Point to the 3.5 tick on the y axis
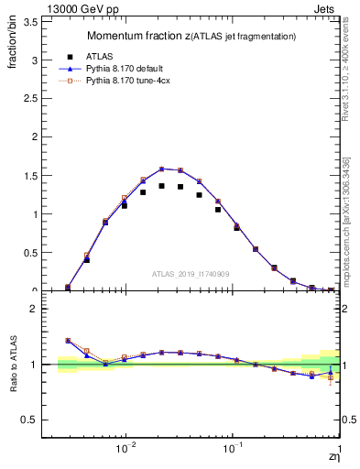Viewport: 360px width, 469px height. coord(30,22)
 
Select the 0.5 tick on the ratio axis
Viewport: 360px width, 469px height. coord(30,420)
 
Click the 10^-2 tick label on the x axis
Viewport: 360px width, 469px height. coord(126,448)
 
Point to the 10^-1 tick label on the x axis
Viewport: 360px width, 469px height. coord(234,448)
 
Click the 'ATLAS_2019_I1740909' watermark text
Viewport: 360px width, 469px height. coord(191,274)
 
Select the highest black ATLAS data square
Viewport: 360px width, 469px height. coord(162,186)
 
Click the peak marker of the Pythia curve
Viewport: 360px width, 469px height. coord(162,169)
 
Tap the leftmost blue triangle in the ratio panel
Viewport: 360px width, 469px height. coord(68,340)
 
